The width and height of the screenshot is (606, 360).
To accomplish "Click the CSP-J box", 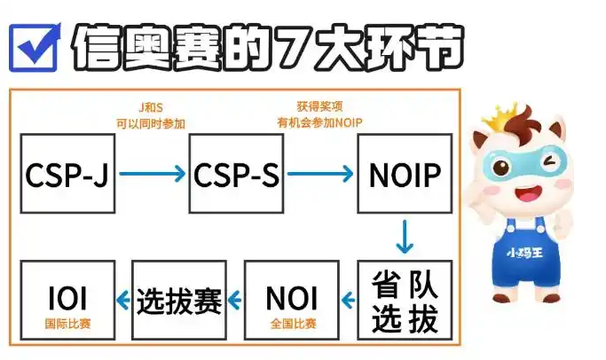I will click(67, 173).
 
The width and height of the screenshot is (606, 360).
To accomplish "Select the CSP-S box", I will click(235, 173).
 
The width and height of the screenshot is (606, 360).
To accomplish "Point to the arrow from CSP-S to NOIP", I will click(319, 174).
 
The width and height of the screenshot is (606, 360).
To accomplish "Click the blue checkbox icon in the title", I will click(33, 46).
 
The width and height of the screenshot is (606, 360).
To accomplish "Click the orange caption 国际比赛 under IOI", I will click(67, 324).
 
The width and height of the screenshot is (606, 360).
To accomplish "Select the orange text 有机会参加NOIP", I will click(319, 122).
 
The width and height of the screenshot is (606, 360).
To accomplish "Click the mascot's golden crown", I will click(508, 116).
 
